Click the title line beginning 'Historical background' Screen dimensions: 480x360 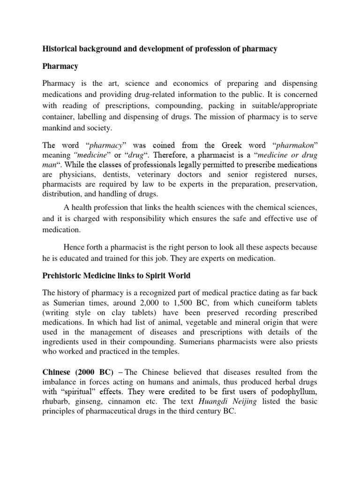tap(160, 49)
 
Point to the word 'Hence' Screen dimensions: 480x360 tap(77, 247)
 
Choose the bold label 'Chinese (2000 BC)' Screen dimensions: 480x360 tap(76, 373)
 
